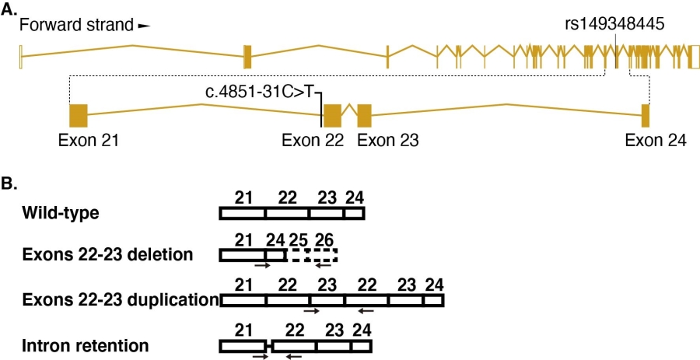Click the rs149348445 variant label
(615, 23)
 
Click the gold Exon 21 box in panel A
(79, 115)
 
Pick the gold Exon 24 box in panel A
(646, 115)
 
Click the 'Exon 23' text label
(387, 141)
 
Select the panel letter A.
(9, 8)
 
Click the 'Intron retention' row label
(86, 343)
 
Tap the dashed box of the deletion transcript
(312, 254)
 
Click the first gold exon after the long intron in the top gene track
(247, 58)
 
